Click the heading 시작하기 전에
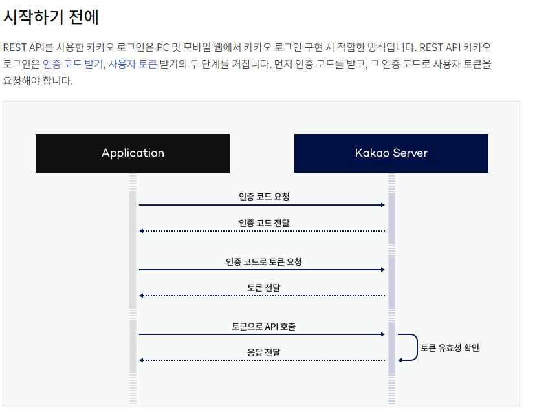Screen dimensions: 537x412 pyautogui.click(x=51, y=17)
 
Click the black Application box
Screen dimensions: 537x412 pyautogui.click(x=133, y=153)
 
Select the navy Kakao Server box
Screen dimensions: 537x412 pyautogui.click(x=391, y=153)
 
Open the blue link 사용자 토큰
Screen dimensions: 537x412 pyautogui.click(x=133, y=64)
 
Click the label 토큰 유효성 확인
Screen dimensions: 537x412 pyautogui.click(x=450, y=348)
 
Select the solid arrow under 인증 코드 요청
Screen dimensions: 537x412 pyautogui.click(x=262, y=205)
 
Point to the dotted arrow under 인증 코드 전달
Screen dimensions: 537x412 pyautogui.click(x=262, y=231)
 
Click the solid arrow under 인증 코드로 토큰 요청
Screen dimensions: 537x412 pyautogui.click(x=262, y=270)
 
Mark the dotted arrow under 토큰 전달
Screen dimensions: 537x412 pyautogui.click(x=262, y=296)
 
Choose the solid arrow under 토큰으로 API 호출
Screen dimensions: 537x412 pyautogui.click(x=262, y=334)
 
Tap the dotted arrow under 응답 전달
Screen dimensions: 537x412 pyautogui.click(x=262, y=360)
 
